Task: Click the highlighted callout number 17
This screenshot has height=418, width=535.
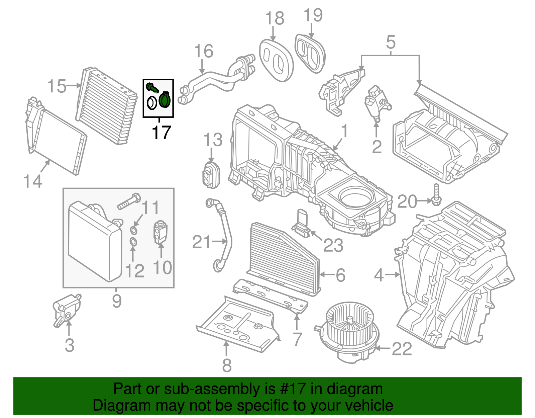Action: point(162,133)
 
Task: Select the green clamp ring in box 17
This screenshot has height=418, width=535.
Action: point(165,100)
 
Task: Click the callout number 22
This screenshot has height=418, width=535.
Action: point(402,349)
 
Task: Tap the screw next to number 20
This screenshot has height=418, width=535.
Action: point(436,196)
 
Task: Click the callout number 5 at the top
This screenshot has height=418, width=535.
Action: point(391,43)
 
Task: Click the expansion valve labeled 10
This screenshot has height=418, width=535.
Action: point(160,232)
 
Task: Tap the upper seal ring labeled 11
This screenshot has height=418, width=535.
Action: point(133,230)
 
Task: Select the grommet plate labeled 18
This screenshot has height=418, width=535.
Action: point(276,60)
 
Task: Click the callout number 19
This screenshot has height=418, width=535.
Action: point(313,15)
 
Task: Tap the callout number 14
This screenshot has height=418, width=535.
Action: point(33,181)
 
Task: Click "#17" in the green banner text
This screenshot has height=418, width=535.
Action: point(290,389)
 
